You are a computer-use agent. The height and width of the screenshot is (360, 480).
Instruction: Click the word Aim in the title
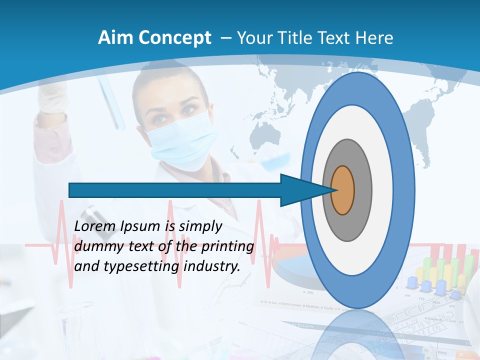pos(116,38)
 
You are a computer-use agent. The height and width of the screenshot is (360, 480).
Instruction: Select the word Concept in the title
pos(174,38)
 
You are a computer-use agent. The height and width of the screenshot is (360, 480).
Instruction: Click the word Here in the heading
pos(374,38)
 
